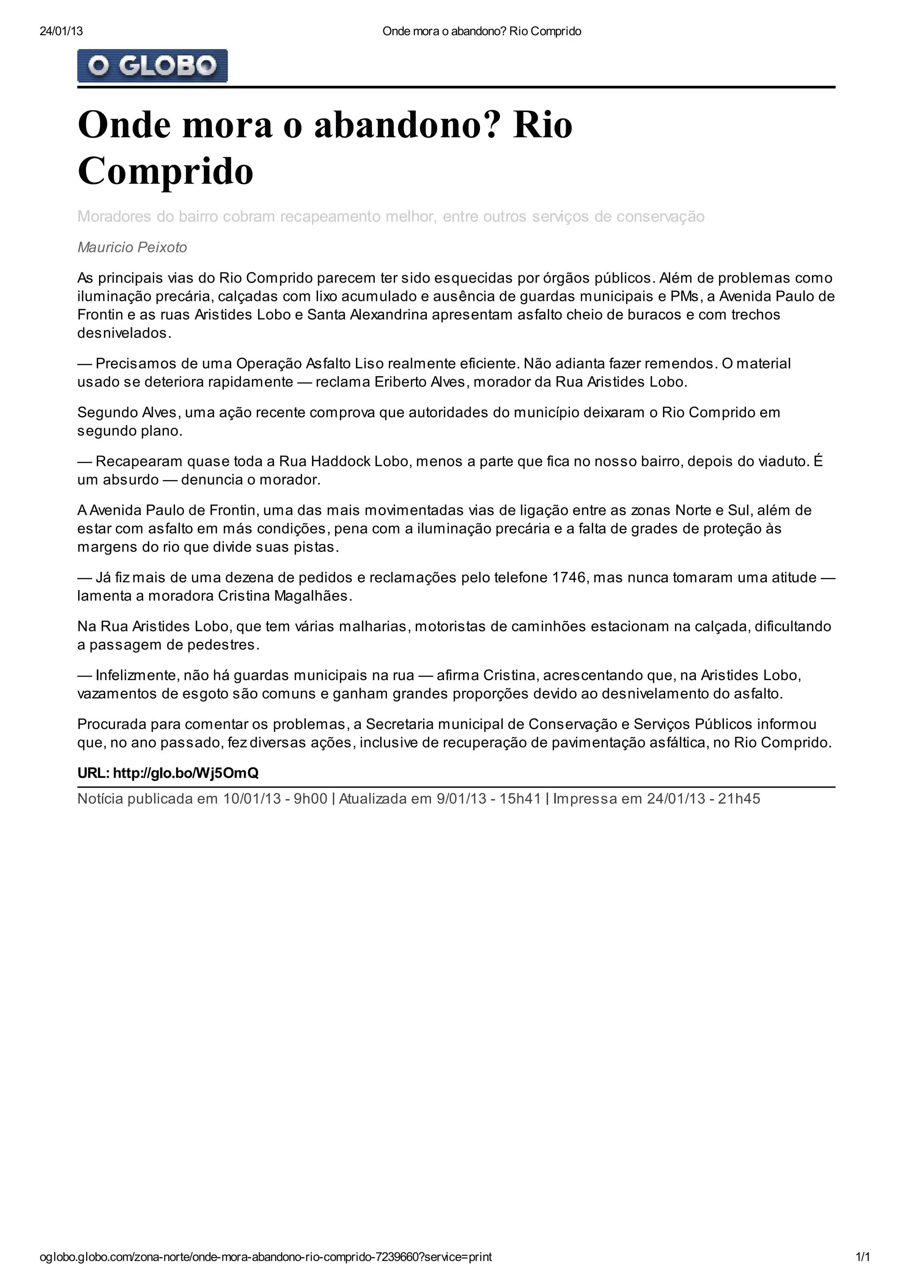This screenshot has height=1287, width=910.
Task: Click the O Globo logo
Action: [152, 66]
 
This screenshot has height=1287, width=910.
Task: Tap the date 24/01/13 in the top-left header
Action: [61, 32]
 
